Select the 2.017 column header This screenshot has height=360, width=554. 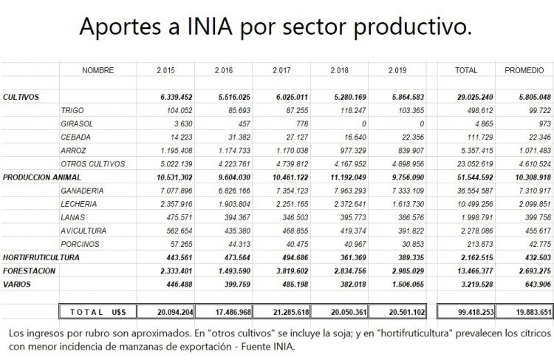pos(281,70)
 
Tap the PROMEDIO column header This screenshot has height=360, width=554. pos(524,70)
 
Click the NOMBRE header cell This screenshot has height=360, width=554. pos(98,70)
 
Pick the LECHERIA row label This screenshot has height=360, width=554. pos(81,203)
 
